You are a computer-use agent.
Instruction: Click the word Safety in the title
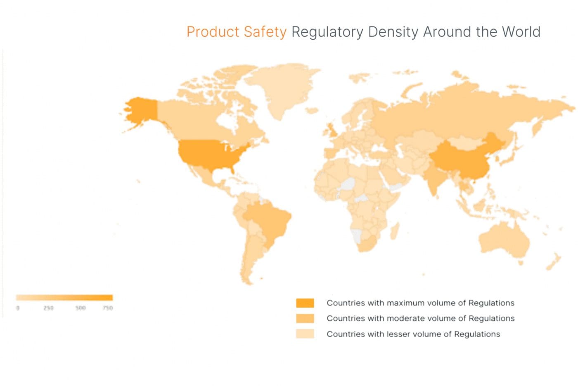tap(265, 32)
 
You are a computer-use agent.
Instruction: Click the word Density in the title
tap(393, 32)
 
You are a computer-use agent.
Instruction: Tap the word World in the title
tap(521, 32)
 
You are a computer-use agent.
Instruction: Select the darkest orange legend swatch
tap(305, 303)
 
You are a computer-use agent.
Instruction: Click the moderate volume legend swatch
tap(305, 318)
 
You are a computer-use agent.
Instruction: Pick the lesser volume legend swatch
tap(305, 334)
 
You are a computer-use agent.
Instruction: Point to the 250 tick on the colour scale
tap(48, 308)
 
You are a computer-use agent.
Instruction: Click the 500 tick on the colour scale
tap(81, 308)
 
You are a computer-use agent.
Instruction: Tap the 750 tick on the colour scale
tap(108, 308)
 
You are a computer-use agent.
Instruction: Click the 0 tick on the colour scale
tap(18, 308)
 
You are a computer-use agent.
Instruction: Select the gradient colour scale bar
tap(64, 298)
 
